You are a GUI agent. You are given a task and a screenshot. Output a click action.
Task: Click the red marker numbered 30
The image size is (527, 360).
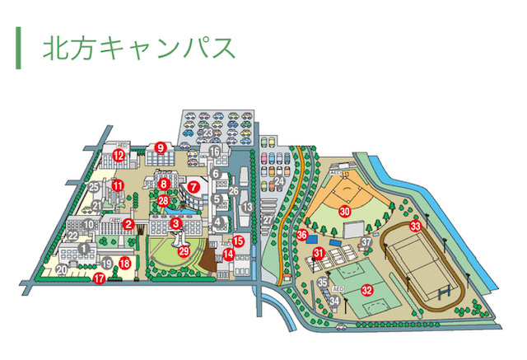(345, 211)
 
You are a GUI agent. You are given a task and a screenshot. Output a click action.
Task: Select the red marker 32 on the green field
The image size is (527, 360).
(367, 289)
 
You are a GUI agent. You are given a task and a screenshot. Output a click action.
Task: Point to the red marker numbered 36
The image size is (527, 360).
(302, 234)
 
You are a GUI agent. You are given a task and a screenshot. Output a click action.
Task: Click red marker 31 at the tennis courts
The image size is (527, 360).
(318, 253)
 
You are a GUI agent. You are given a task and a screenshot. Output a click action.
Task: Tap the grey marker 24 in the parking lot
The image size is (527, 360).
(279, 181)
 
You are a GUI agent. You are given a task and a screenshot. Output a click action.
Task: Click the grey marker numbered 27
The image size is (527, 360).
(267, 220)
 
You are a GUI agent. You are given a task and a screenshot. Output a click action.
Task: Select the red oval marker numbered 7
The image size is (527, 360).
(194, 186)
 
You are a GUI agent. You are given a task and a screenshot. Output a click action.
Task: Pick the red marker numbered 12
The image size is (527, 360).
(119, 154)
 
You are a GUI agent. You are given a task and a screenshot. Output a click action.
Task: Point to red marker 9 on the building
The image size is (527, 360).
(161, 147)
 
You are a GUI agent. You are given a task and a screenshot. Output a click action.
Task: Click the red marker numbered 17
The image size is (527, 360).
(100, 278)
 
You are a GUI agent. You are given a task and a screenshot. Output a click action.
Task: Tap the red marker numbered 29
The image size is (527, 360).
(184, 250)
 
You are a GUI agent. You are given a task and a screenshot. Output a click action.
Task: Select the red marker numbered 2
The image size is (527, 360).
(128, 223)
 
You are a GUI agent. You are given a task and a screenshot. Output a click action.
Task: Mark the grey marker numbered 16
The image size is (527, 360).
(215, 152)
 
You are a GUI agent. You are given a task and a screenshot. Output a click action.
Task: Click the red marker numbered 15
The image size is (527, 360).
(238, 241)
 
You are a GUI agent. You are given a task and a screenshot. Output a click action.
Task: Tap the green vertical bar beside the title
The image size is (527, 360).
(18, 48)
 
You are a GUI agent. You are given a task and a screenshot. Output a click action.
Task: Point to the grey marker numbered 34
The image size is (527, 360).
(334, 301)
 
